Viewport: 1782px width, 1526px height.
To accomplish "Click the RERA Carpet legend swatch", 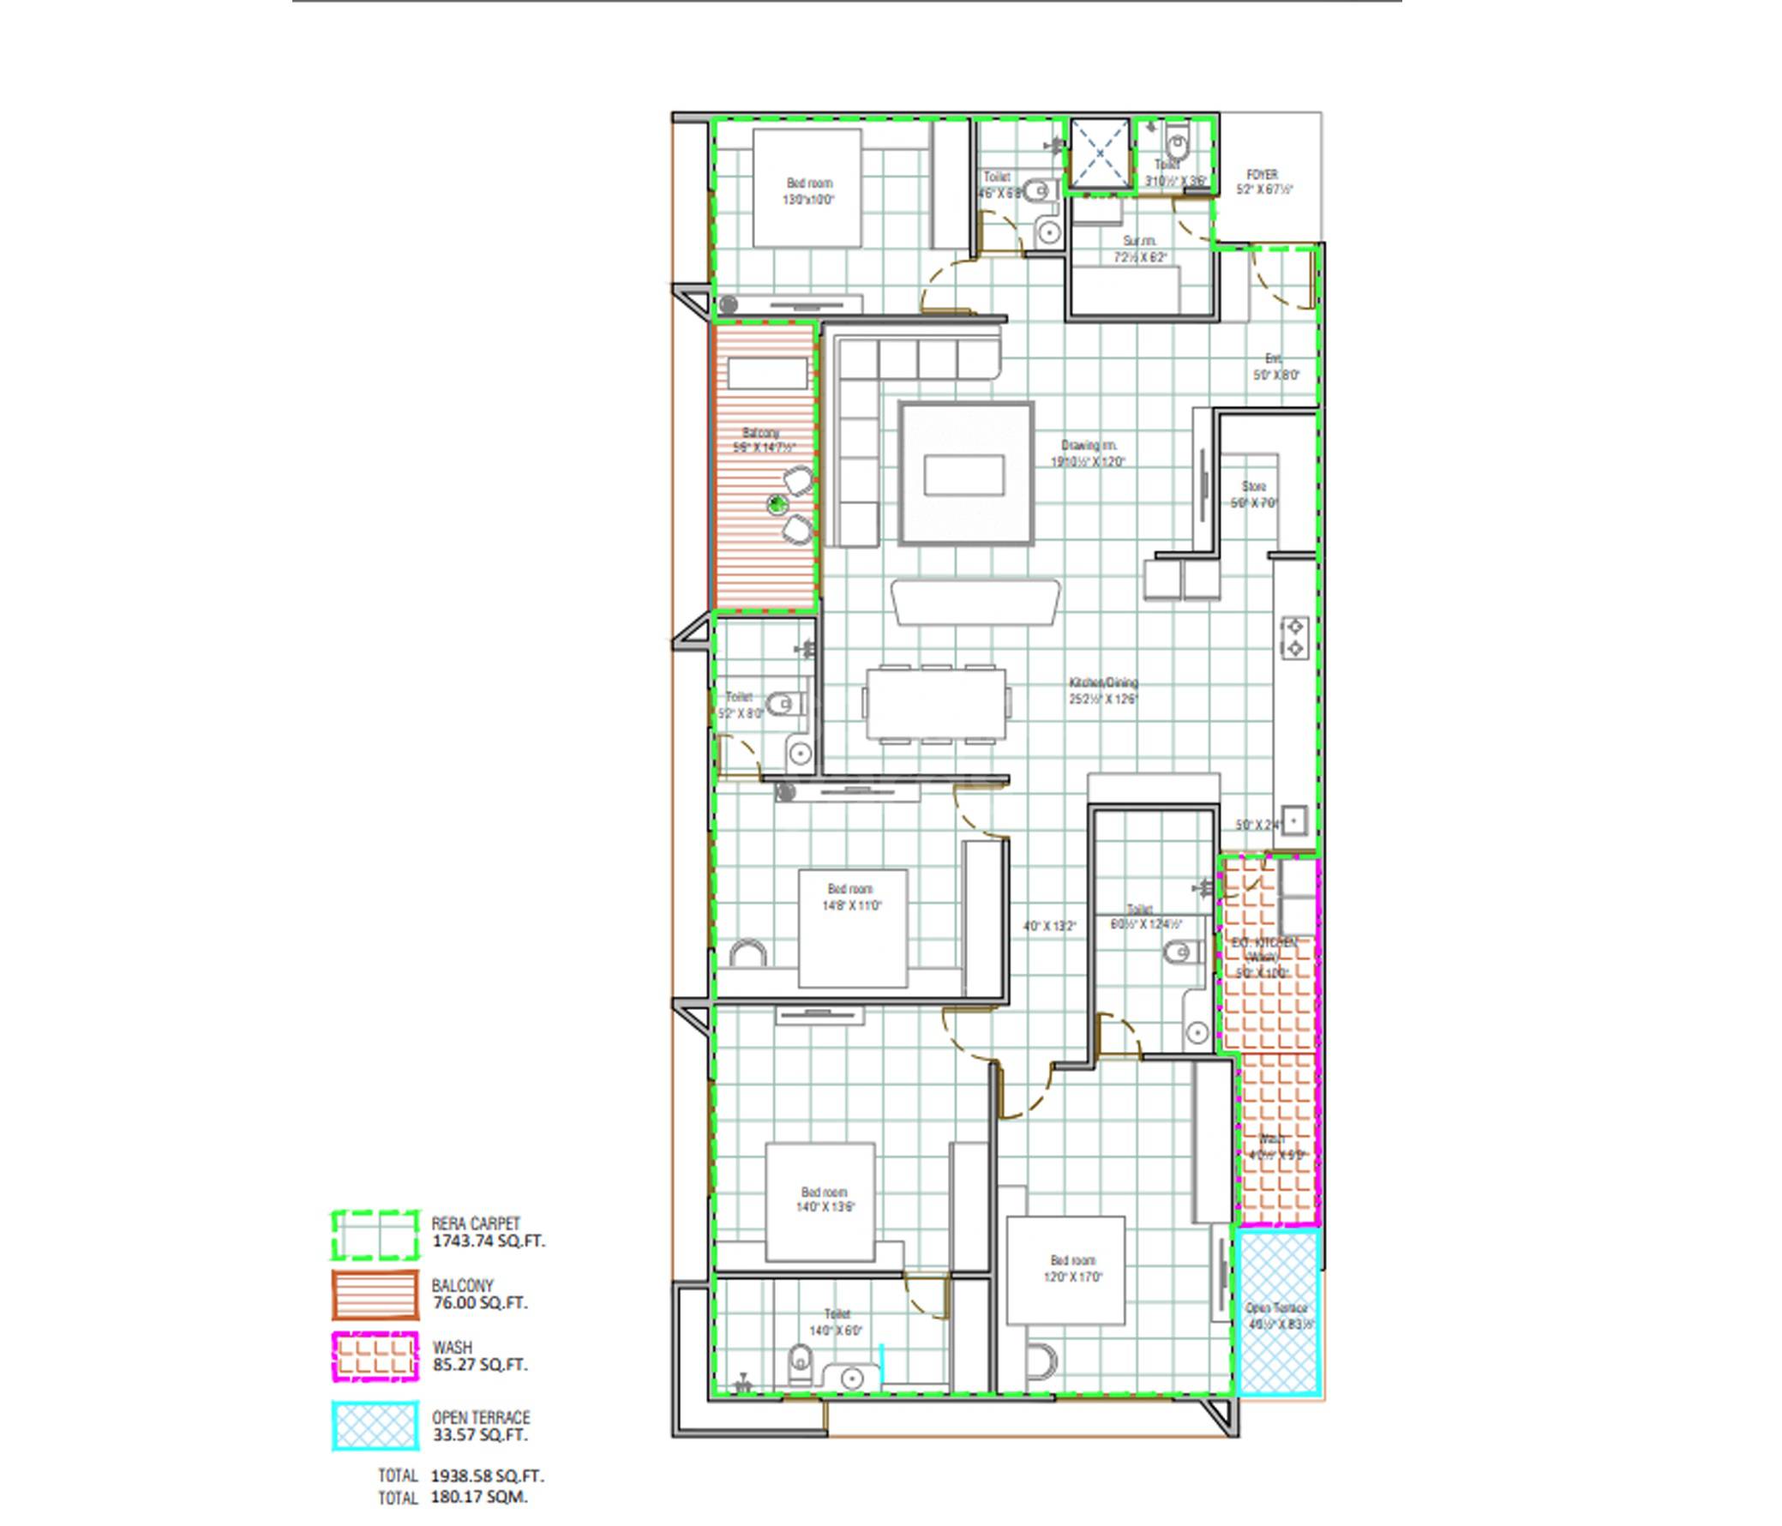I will (375, 1235).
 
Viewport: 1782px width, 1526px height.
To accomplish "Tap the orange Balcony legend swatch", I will (375, 1295).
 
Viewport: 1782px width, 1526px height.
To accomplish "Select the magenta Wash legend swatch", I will (375, 1356).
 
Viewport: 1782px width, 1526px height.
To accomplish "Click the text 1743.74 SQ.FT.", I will (488, 1241).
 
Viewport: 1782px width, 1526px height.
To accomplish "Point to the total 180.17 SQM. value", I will (479, 1498).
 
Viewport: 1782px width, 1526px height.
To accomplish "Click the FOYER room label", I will (1262, 175).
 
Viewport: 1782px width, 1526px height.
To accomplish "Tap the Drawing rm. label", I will (1088, 446).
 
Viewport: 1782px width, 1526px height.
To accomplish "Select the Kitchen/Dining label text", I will (1103, 682).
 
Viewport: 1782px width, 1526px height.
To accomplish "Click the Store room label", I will (1254, 487).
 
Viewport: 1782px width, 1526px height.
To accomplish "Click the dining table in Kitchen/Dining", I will (937, 703).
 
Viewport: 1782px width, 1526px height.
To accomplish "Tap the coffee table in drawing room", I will (965, 474).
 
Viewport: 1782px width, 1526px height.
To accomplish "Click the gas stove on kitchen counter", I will (1295, 638).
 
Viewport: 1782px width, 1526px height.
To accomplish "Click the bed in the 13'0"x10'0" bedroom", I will (807, 189).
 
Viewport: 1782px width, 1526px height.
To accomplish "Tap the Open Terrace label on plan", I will (1277, 1308).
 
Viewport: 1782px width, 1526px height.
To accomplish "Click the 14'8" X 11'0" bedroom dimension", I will (851, 905).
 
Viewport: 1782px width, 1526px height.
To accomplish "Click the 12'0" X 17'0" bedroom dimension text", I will (1073, 1277).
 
